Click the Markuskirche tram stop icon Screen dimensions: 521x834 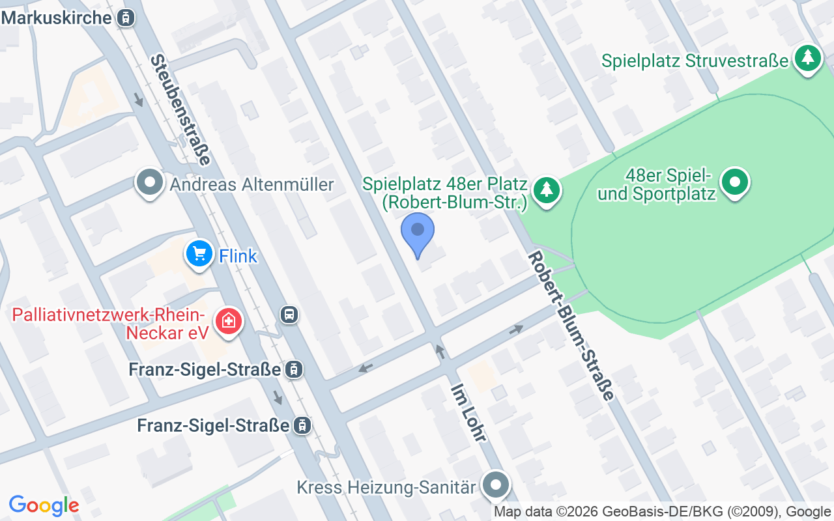(126, 18)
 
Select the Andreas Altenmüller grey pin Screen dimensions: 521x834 (151, 183)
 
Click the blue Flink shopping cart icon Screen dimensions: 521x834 (199, 254)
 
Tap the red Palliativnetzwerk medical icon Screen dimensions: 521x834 (229, 320)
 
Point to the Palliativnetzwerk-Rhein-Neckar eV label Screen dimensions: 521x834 (110, 324)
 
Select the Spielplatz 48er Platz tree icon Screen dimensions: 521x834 (547, 190)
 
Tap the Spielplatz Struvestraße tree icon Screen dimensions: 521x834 (808, 59)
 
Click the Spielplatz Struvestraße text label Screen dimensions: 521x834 (695, 61)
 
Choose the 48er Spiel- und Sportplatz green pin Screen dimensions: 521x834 (736, 182)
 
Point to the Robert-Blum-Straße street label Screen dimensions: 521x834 (571, 326)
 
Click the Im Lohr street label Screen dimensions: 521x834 (468, 412)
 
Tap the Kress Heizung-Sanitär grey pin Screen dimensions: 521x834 (496, 486)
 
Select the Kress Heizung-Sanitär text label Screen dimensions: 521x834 (386, 487)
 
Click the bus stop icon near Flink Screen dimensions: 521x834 (289, 315)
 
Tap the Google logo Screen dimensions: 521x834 (44, 505)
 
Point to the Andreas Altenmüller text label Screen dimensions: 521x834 (252, 185)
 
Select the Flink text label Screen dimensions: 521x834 (238, 256)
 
